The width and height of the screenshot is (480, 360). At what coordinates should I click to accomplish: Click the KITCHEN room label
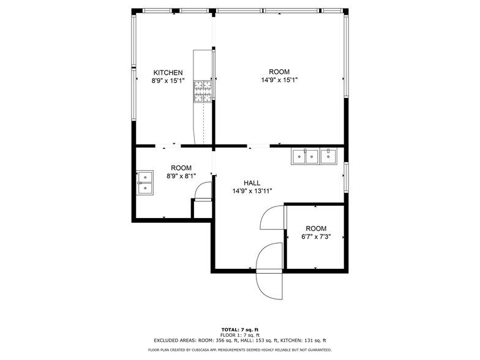coord(168,72)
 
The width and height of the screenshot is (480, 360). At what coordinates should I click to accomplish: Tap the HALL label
coord(252,183)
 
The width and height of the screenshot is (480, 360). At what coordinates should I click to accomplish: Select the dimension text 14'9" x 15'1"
coord(279,80)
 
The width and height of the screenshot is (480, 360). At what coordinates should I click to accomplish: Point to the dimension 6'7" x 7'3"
coord(316,236)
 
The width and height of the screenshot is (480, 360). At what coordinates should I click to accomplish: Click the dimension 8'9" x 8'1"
coord(181,176)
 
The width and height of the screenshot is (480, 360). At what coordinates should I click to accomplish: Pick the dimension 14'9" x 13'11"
coord(252,191)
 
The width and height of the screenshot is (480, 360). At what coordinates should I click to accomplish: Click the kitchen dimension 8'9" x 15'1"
coord(168,81)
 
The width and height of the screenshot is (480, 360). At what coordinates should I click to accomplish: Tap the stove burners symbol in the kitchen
coord(203,91)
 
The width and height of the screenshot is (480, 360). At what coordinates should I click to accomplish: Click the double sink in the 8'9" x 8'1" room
coord(145,182)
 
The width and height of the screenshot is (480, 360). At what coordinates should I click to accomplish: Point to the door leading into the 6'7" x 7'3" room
coord(272,217)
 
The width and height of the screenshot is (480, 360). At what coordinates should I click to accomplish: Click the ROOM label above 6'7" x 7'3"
coord(316,228)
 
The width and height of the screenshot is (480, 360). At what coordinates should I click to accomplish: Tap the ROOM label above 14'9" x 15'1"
coord(279,72)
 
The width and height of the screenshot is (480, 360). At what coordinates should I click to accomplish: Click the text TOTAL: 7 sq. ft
coord(240,329)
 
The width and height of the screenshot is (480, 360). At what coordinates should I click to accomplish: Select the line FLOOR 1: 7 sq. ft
coord(240,336)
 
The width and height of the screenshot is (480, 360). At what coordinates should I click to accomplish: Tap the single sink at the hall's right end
coord(328,156)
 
